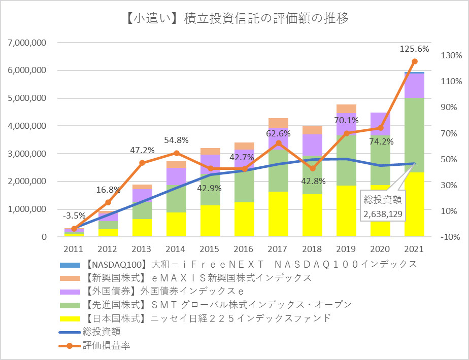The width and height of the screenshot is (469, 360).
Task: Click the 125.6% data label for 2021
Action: [414, 49]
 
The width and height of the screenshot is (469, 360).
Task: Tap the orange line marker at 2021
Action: [414, 61]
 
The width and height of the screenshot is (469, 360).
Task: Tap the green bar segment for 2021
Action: [414, 134]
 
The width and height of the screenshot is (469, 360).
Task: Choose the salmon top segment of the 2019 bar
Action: [346, 109]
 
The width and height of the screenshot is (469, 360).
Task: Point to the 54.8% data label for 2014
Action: [176, 140]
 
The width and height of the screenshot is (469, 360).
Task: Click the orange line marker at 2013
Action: [142, 163]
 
